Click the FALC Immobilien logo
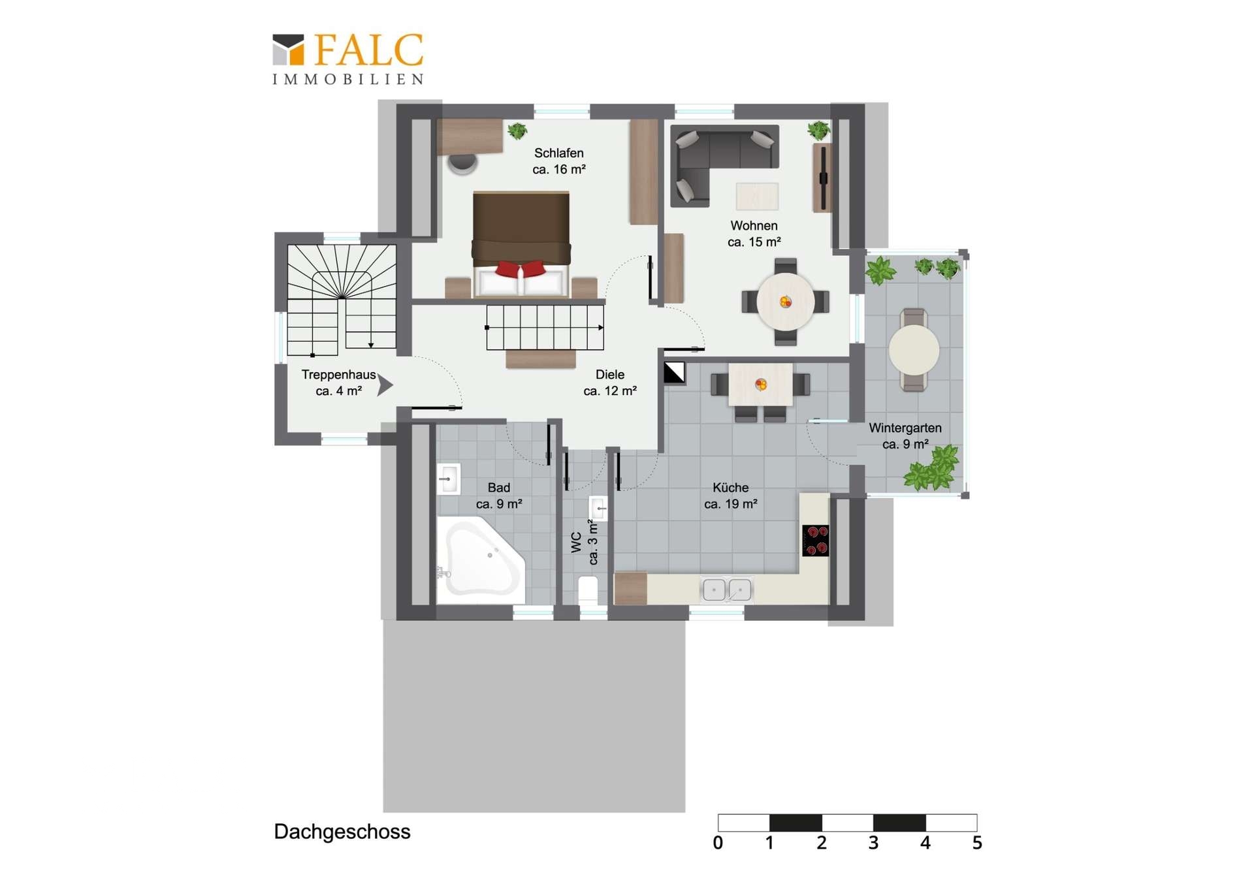[348, 59]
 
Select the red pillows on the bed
[521, 268]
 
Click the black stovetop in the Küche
[815, 541]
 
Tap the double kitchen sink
[726, 590]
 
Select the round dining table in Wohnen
[785, 302]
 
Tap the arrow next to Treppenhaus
[385, 385]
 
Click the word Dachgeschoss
[342, 832]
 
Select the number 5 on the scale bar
[977, 843]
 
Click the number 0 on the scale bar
[718, 843]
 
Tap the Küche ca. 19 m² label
[731, 496]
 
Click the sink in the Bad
[448, 479]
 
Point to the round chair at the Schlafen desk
[462, 163]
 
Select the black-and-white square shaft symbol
[674, 373]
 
